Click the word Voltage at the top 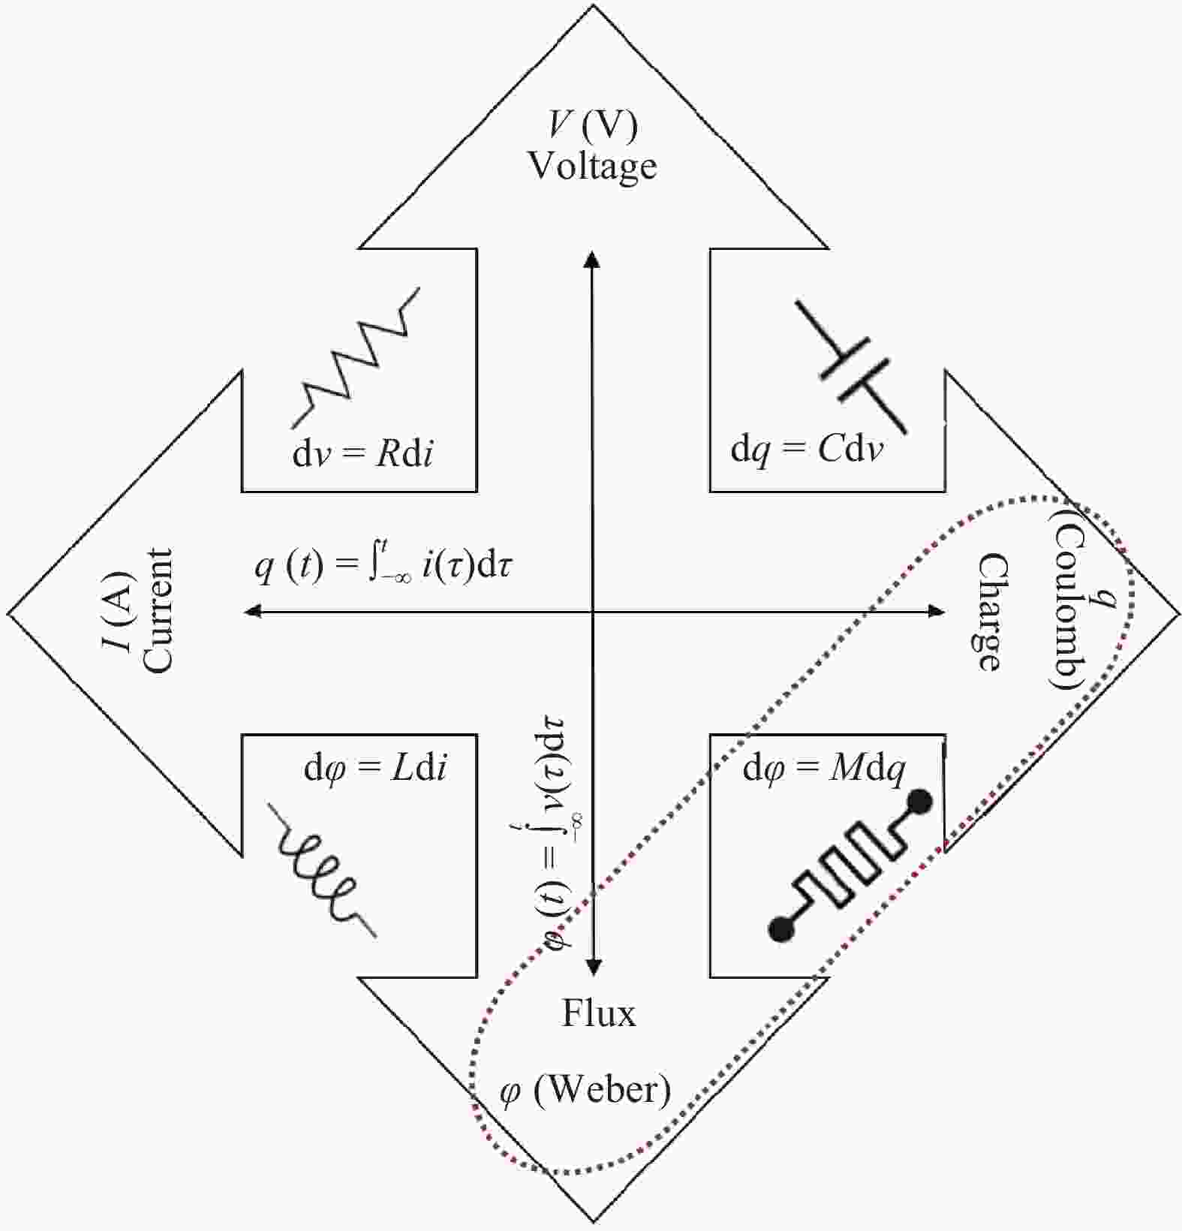[592, 167]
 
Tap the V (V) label [594, 125]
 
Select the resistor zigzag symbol [356, 356]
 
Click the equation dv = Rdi [362, 453]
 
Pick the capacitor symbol [851, 366]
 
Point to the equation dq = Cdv [807, 450]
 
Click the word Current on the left [157, 610]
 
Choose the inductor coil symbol [323, 870]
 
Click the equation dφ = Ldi [375, 770]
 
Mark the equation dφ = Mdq [824, 770]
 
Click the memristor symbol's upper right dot [919, 802]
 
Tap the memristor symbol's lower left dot [781, 929]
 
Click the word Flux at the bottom [599, 1013]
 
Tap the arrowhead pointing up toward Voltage [592, 259]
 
